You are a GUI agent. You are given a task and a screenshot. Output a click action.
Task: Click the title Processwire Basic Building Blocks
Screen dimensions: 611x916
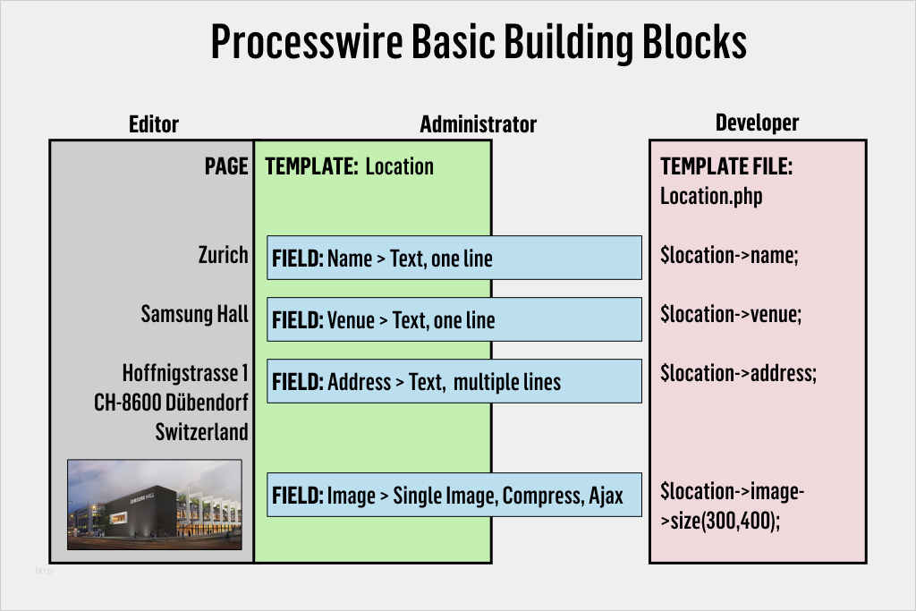coord(478,42)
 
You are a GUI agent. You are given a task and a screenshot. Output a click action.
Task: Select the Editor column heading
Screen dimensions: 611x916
coord(154,124)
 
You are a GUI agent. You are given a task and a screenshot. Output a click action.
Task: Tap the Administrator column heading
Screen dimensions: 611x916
coord(478,124)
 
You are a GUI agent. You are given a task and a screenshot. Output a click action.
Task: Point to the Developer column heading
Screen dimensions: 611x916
coord(757,123)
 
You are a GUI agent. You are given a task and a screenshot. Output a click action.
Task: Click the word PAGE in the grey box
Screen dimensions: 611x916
coord(226,166)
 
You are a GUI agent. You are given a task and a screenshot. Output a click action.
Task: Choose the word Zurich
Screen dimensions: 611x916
coord(223,255)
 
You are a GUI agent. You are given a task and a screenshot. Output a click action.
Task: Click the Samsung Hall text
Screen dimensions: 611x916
coord(194,314)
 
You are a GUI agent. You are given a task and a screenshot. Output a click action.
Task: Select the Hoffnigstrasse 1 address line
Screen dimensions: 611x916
coord(185,372)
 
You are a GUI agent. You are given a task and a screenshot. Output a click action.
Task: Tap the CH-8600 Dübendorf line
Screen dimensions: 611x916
coord(171,402)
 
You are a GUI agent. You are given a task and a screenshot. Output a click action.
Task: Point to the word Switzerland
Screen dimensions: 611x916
coord(201,432)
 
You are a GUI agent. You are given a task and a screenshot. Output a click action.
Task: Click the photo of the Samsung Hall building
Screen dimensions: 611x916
coord(155,505)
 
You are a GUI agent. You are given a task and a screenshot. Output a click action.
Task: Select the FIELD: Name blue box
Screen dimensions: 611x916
coord(454,258)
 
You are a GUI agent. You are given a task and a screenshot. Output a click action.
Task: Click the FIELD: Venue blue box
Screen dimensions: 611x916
coord(454,319)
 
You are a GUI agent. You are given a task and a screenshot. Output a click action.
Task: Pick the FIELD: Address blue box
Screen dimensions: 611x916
coord(454,381)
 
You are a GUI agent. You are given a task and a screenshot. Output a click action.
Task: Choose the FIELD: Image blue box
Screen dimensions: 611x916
coord(454,495)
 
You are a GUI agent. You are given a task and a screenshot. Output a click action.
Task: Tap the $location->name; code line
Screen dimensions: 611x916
coord(728,255)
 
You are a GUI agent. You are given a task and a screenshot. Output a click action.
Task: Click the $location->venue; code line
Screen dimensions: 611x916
coord(731,314)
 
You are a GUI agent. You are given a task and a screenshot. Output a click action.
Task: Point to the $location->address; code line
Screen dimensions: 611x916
coord(738,373)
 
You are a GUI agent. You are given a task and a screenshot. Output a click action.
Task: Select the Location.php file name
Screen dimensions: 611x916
coord(711,196)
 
